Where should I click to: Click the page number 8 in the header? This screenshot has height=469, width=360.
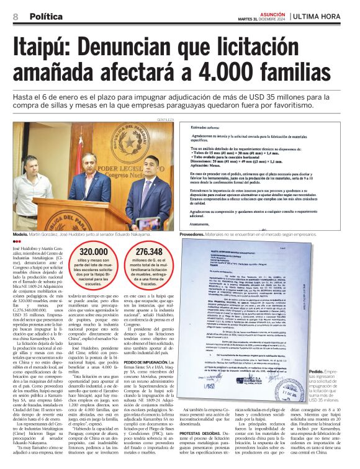(x=15, y=17)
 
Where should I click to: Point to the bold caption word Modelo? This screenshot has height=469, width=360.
(x=20, y=234)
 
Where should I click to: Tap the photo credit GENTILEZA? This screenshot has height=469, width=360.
(x=165, y=119)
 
